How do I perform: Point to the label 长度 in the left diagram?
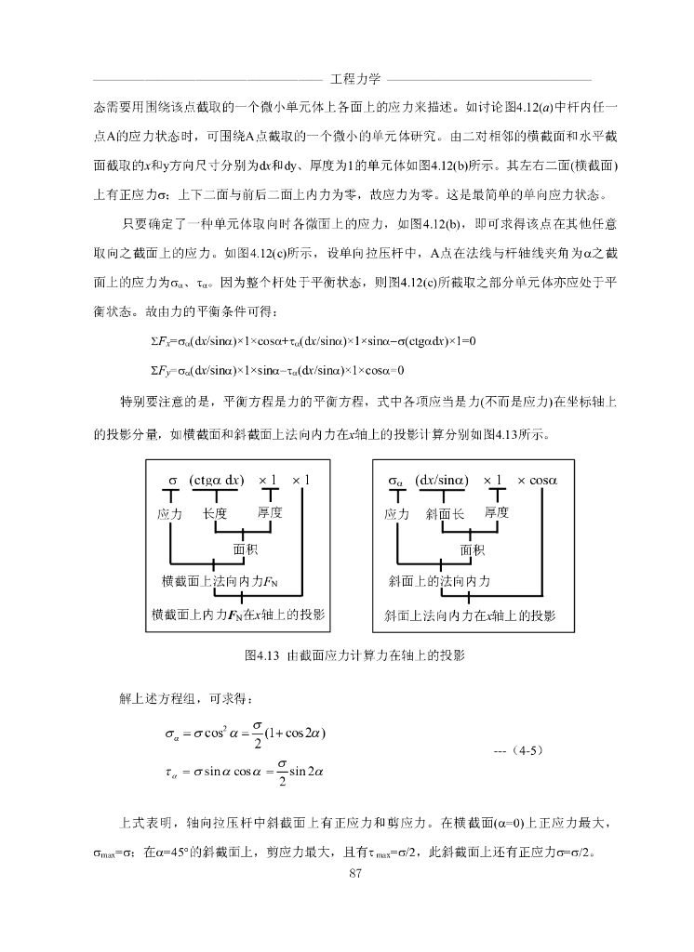click(x=215, y=514)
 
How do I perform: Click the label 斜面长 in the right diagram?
click(x=444, y=514)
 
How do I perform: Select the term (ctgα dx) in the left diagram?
click(x=216, y=481)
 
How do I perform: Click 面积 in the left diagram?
click(x=245, y=549)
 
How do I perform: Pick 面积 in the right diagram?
click(x=472, y=549)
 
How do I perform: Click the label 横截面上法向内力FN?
click(x=220, y=582)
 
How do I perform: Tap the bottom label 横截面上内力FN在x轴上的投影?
click(x=238, y=615)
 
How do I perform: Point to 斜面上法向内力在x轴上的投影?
click(x=470, y=615)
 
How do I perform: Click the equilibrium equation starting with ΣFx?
click(x=306, y=342)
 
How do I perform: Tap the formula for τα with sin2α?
click(x=243, y=772)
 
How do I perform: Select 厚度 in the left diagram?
click(x=270, y=513)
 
